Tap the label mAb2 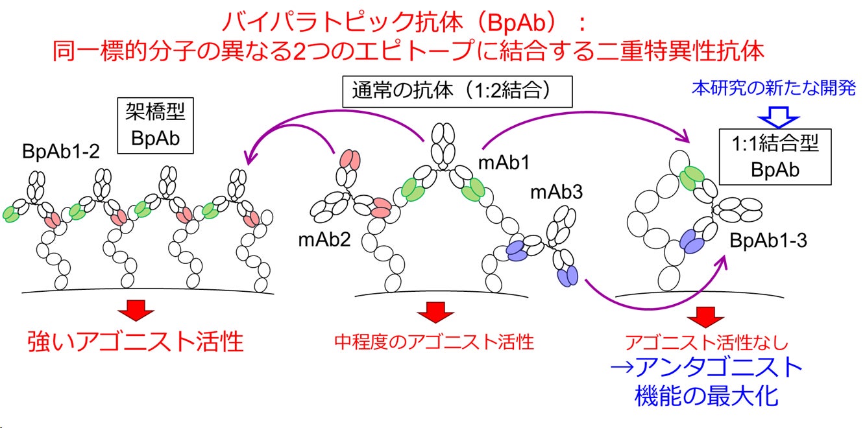(324, 240)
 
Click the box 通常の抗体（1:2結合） (457, 91)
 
